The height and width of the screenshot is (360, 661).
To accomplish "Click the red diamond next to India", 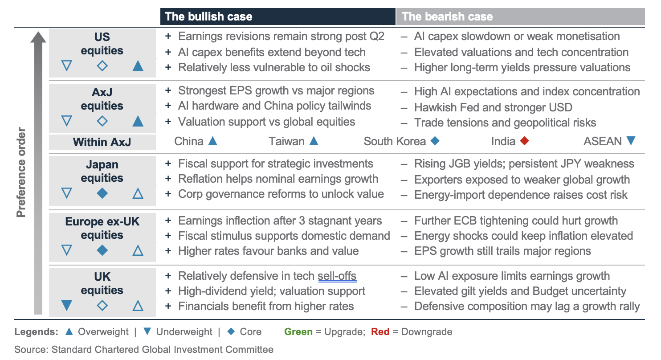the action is [x=524, y=141].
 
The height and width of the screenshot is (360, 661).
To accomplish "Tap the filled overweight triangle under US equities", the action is [x=138, y=66].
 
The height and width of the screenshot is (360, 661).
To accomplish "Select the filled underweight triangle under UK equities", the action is [x=67, y=305].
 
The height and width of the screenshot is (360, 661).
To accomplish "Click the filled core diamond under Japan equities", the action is [x=102, y=193].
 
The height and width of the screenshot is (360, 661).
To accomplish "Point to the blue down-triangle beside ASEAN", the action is [x=631, y=140].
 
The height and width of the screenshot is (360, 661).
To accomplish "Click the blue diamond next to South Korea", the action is [x=435, y=141].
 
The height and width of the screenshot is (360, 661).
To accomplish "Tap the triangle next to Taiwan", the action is [x=314, y=141].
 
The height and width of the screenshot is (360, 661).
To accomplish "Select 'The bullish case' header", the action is [x=208, y=16].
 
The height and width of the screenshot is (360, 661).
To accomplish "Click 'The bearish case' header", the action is [x=447, y=16].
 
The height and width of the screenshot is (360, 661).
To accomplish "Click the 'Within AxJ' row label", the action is [x=102, y=142].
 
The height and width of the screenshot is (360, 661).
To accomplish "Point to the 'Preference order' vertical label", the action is [x=21, y=172].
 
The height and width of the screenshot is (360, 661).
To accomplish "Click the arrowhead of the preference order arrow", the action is [x=38, y=37].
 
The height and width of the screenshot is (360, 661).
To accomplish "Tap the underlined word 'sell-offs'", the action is [x=337, y=276].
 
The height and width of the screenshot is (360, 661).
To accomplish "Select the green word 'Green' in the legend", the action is [x=298, y=331].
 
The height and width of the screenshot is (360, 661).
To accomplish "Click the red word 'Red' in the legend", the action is [x=380, y=331].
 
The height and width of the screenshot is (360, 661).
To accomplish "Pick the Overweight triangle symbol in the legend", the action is [x=69, y=331].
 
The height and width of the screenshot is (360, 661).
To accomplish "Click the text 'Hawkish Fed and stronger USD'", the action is [x=493, y=107].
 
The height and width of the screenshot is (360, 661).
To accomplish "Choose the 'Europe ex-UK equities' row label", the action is [x=102, y=228].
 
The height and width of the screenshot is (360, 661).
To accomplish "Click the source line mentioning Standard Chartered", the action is [x=144, y=349].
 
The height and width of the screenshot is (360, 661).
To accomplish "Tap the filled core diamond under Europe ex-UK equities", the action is [x=102, y=250].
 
